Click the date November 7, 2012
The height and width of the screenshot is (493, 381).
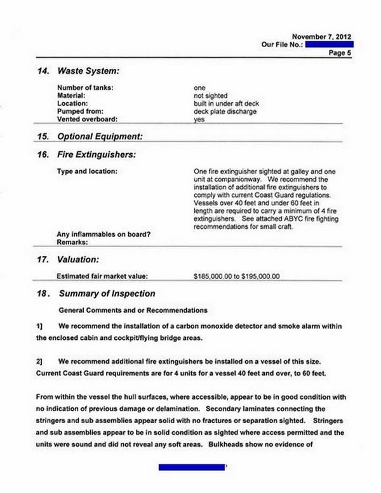321,37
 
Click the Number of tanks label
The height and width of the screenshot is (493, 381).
84,87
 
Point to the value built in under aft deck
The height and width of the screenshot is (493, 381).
225,103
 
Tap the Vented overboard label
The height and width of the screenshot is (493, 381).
86,119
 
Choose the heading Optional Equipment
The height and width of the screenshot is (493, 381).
99,136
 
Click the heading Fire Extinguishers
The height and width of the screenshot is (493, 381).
96,154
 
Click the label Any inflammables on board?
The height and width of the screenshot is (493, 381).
104,235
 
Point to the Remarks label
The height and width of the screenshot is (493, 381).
71,243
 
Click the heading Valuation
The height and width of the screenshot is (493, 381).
78,259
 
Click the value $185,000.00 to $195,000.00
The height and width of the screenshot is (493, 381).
236,276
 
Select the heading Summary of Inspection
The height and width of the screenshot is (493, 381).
106,294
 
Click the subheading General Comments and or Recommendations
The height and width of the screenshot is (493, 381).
132,310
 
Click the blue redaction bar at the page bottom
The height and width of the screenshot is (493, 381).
192,467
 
